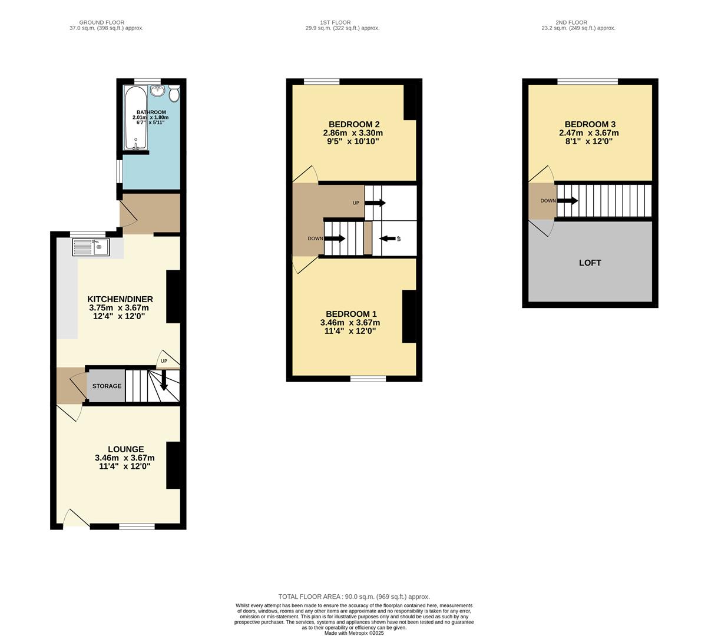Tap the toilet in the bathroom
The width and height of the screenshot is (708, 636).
pos(174,94)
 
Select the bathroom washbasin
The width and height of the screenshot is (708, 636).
pos(158,91)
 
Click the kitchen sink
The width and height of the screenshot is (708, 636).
pos(91,247)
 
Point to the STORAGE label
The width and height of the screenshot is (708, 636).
pos(107,386)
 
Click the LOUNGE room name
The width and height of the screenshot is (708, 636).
pos(125,449)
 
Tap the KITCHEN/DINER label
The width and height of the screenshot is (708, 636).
pos(120,299)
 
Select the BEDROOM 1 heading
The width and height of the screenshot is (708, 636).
pos(350,314)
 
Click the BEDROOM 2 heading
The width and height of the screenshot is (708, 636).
pos(353,124)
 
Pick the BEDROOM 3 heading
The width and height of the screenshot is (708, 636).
pos(590,124)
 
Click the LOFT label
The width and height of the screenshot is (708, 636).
pos(590,263)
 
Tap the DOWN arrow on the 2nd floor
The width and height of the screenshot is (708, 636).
pos(567,201)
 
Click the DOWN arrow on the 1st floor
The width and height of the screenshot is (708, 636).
pos(335,238)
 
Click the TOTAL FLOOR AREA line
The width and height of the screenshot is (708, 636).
pos(354,597)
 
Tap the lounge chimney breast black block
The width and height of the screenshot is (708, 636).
pos(173,465)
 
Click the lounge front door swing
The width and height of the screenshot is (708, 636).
pos(75,519)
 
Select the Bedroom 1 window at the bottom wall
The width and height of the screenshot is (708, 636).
pos(368,379)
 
